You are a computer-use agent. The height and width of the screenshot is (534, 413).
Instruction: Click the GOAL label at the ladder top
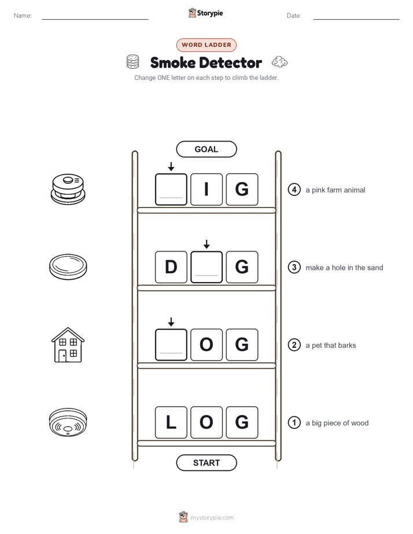coord(206,149)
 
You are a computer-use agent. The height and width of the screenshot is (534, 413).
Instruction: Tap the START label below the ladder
coord(206,463)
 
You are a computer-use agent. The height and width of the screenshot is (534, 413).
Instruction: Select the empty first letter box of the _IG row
coord(171,190)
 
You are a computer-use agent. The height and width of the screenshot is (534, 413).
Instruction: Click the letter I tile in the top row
coord(207,190)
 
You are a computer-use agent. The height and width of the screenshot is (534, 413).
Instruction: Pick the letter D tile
coord(171,267)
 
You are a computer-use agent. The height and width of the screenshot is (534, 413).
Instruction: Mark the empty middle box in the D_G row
coord(207,267)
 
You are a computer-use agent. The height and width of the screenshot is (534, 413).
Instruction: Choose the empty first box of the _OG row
coord(171,344)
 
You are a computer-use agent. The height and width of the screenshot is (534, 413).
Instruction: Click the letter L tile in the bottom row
coord(171,422)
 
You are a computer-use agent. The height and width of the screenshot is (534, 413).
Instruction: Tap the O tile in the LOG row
coord(207,422)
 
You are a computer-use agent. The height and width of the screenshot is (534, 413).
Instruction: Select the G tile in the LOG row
coord(242,422)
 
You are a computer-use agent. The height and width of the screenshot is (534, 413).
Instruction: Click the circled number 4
coord(294,190)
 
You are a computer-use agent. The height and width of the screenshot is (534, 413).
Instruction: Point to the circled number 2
coord(294,345)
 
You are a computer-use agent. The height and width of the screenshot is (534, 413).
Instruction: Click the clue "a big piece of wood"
coord(337,423)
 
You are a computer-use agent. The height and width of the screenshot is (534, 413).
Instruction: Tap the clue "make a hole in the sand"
coord(344,268)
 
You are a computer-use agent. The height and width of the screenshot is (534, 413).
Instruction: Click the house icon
coord(68,344)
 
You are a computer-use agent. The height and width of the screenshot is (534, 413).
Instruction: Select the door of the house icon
coord(62,356)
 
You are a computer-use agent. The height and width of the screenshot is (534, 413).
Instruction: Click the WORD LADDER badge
coord(206,45)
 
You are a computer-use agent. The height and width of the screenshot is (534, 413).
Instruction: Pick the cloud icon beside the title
coord(279,62)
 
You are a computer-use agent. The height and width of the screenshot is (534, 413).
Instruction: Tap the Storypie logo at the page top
coord(206,13)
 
